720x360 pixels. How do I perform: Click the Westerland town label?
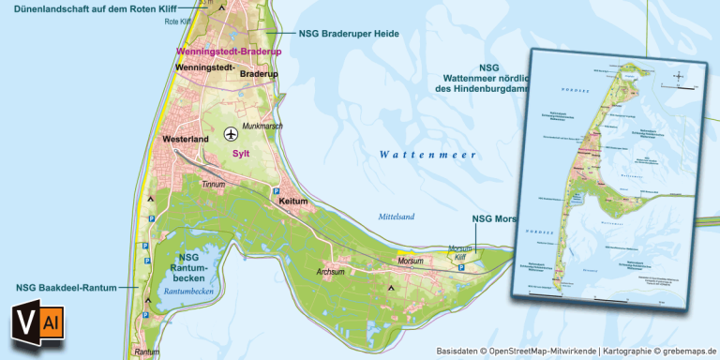[x=185, y=139]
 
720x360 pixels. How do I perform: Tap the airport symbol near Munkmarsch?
[x=231, y=135]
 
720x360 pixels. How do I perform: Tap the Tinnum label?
[x=215, y=185]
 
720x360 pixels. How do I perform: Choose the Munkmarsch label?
[x=263, y=125]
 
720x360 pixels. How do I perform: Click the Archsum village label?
[x=332, y=272]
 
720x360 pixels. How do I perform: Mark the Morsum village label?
[x=411, y=261]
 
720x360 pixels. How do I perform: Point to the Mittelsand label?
[x=396, y=217]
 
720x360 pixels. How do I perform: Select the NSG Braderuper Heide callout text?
[x=349, y=34]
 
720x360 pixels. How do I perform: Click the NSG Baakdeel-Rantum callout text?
[x=60, y=287]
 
